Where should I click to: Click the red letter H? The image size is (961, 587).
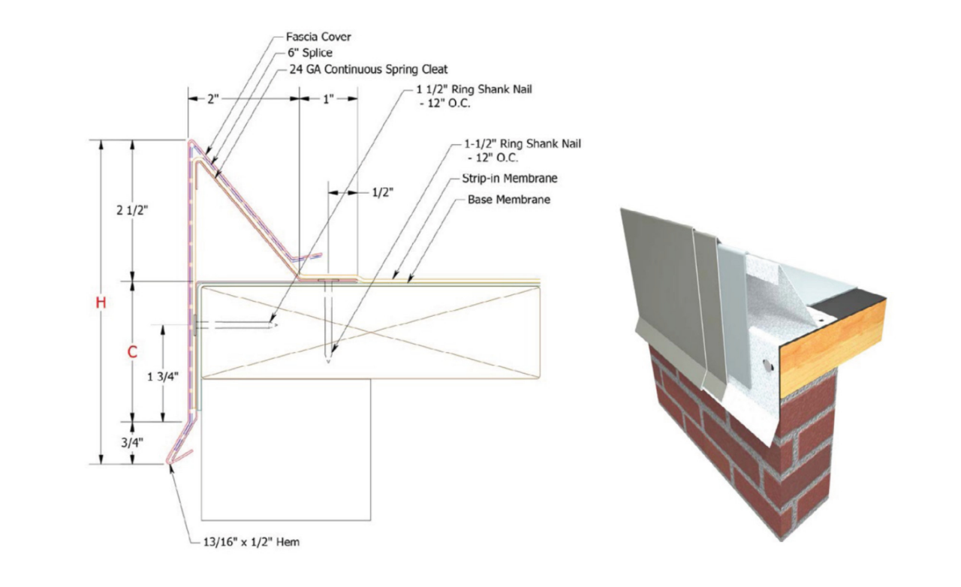101,303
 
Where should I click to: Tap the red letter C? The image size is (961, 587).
132,351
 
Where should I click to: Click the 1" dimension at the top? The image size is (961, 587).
328,99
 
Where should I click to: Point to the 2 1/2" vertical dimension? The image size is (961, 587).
133,211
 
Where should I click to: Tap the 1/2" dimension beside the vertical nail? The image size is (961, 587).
383,192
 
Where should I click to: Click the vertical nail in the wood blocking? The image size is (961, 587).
329,323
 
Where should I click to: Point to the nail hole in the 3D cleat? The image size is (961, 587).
768,366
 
